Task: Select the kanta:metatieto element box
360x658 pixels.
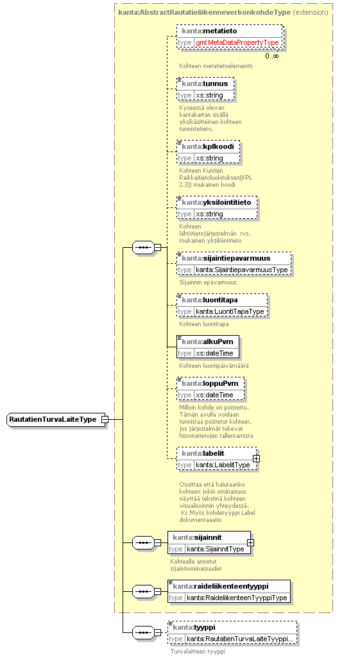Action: point(229,37)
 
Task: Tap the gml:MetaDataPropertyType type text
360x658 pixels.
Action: point(237,43)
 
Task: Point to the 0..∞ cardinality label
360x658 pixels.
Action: point(271,55)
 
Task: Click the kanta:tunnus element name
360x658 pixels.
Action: point(205,83)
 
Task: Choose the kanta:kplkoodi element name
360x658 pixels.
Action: point(208,146)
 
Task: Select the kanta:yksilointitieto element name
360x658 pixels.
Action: point(216,202)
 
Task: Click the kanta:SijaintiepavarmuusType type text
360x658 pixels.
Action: point(242,270)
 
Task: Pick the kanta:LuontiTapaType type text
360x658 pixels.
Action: point(230,311)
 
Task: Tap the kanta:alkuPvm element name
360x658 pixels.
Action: point(207,342)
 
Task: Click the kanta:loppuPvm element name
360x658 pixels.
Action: point(210,383)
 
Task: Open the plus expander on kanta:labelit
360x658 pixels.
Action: point(257,458)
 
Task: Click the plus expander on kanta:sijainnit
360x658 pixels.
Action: point(250,542)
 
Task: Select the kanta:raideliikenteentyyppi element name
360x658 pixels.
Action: point(221,586)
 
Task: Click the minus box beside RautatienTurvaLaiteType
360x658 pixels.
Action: point(105,419)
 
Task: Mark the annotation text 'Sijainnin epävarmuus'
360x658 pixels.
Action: point(208,282)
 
